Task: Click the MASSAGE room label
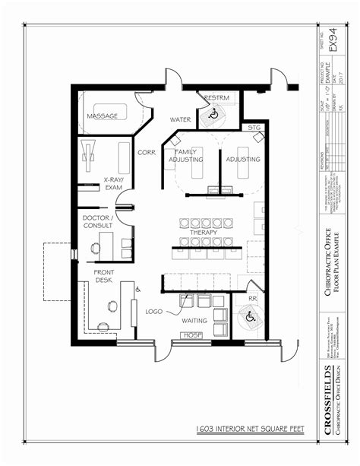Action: [x=101, y=116]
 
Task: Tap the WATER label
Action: [x=180, y=119]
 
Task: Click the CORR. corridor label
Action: [x=147, y=152]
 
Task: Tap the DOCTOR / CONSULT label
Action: [x=98, y=222]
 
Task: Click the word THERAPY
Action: [x=204, y=232]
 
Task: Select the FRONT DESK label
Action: [x=104, y=277]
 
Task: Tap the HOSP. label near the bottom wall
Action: [x=191, y=335]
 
